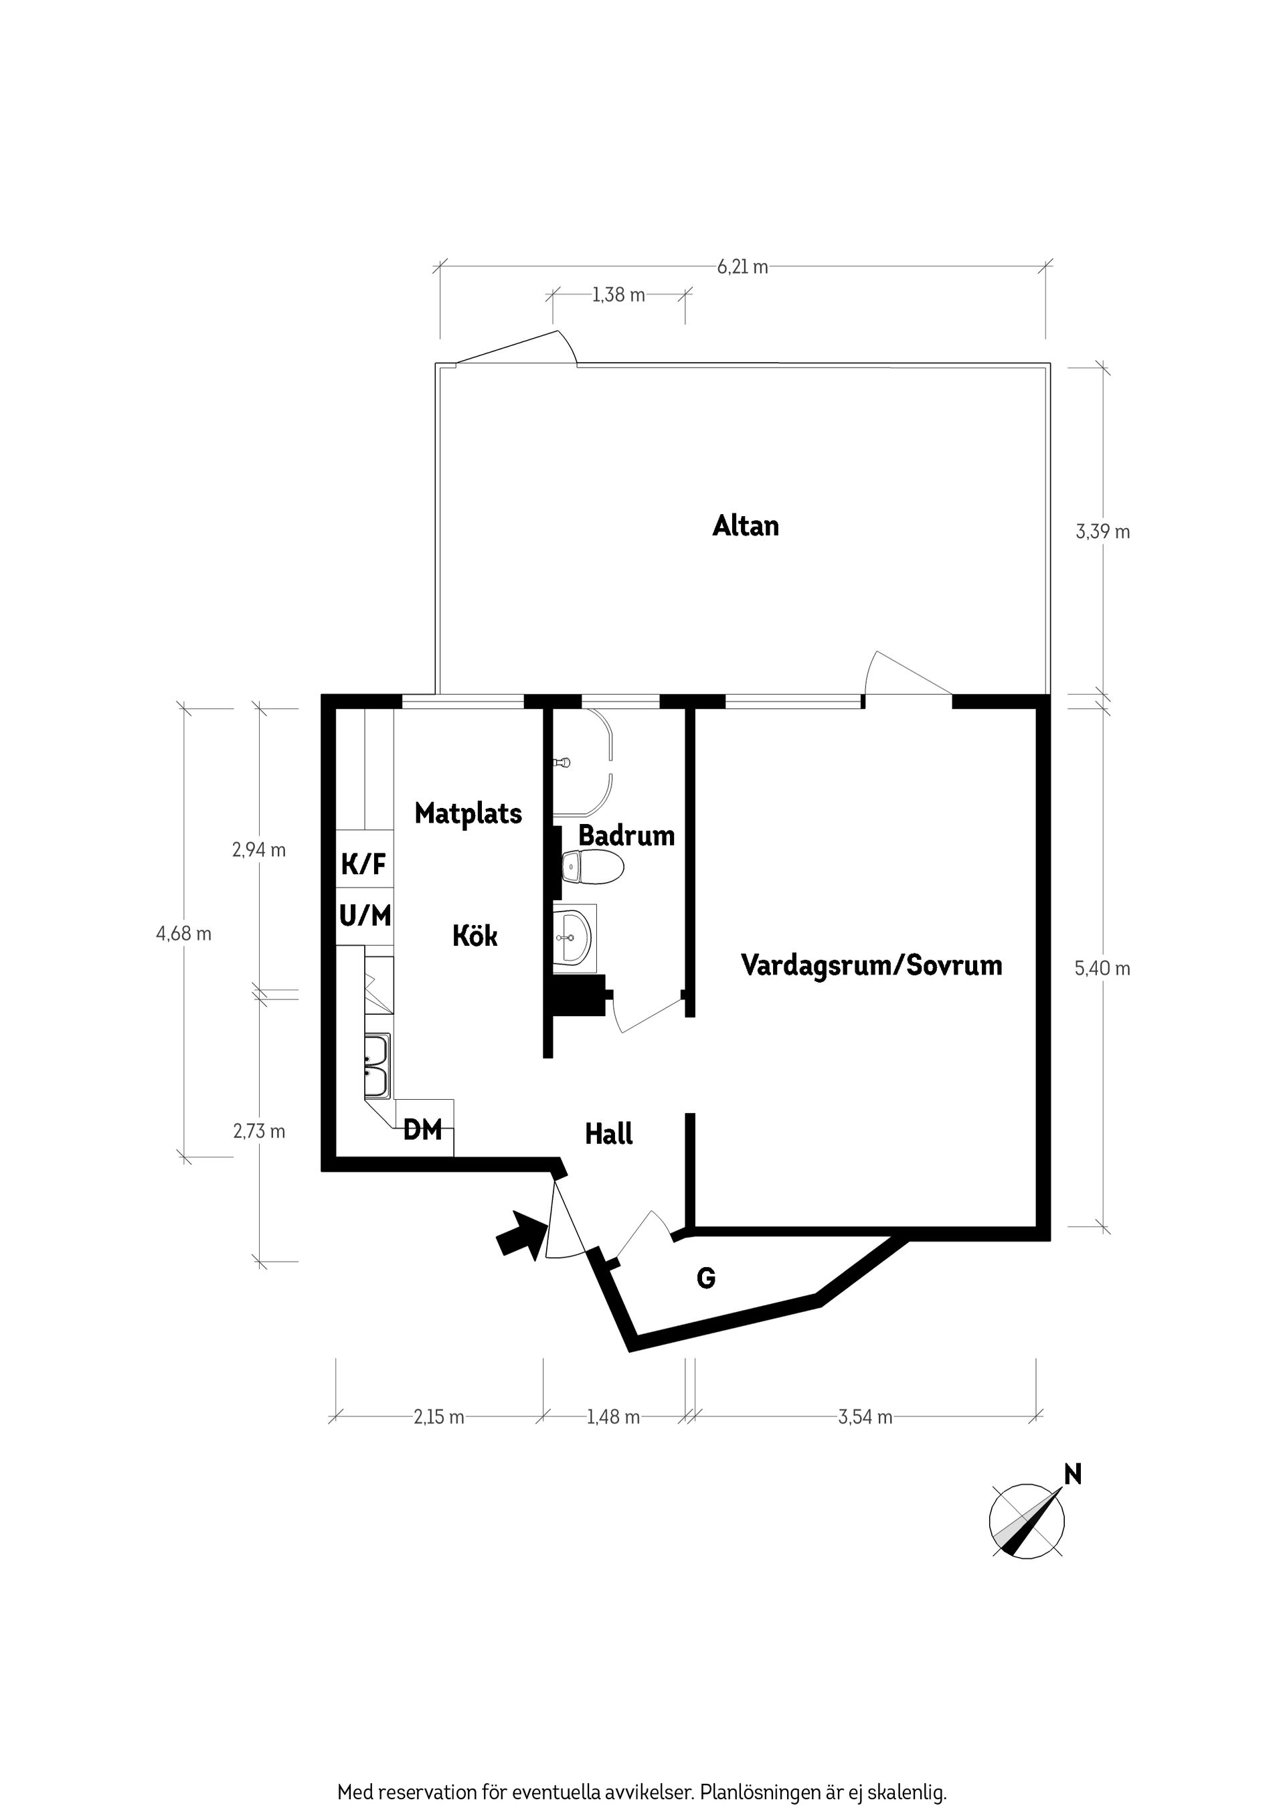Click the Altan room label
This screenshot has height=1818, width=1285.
click(745, 525)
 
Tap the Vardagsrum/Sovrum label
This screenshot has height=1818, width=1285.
click(871, 965)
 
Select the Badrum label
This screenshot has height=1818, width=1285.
click(626, 835)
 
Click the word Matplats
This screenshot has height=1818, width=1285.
click(468, 813)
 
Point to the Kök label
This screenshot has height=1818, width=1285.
click(475, 936)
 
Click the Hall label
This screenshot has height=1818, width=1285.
click(608, 1134)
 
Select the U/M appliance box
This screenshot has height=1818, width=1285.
click(364, 916)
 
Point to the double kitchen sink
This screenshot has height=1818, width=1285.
click(376, 1066)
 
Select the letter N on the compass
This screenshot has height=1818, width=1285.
click(1073, 1475)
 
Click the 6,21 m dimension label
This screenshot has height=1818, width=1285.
click(742, 267)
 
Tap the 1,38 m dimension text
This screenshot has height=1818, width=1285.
click(618, 295)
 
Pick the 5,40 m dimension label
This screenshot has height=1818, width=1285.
click(1102, 969)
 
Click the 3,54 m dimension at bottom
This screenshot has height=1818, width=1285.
click(865, 1417)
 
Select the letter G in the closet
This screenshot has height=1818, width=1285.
click(705, 1278)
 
